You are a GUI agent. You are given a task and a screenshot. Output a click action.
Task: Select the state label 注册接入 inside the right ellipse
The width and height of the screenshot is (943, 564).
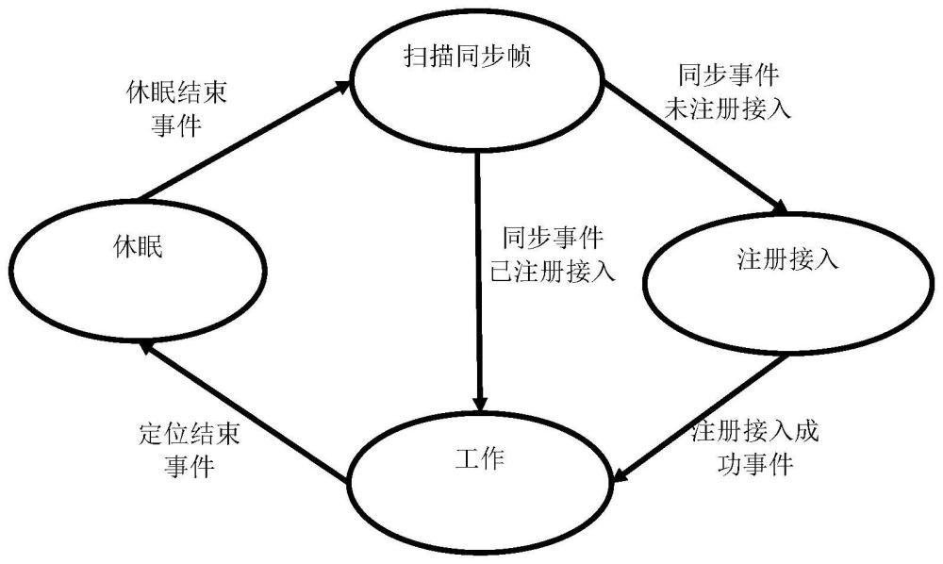pos(787,259)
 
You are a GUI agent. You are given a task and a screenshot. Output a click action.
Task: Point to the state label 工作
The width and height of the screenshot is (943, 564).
pos(479,458)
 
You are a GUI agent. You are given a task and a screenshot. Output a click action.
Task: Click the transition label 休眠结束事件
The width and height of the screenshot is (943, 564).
pos(176,109)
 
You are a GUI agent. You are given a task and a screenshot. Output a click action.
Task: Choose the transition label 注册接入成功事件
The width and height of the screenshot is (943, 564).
pos(754,448)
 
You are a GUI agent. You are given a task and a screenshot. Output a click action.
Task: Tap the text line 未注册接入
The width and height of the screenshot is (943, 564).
pos(727,108)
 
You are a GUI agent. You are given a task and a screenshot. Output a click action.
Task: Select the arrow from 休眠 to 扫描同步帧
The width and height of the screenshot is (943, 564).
pos(244,141)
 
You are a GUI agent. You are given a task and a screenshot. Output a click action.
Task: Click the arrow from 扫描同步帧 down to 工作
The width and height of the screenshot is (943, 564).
pos(479,281)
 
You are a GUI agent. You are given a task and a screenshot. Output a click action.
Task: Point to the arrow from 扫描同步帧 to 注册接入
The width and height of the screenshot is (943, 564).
pos(695,147)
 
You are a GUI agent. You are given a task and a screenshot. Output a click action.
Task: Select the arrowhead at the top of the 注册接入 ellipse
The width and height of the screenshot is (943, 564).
pos(780,207)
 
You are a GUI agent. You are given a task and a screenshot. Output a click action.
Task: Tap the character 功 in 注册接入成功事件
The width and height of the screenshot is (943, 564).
pos(730,464)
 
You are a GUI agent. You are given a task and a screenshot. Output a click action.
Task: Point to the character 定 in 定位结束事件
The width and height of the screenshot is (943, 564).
pos(150,435)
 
